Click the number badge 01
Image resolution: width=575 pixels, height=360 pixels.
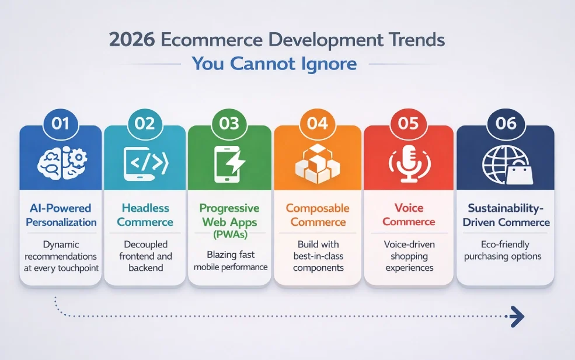click(61, 123)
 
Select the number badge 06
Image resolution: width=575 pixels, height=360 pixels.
click(506, 123)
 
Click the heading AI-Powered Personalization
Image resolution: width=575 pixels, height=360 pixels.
click(61, 215)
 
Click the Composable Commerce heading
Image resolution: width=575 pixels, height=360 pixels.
click(318, 215)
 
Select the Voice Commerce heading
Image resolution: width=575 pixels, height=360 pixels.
click(408, 215)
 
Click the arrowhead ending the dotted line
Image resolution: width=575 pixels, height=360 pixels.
click(516, 317)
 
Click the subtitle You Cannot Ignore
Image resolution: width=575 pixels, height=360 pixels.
click(274, 63)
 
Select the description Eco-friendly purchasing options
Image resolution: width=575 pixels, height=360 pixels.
click(505, 250)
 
